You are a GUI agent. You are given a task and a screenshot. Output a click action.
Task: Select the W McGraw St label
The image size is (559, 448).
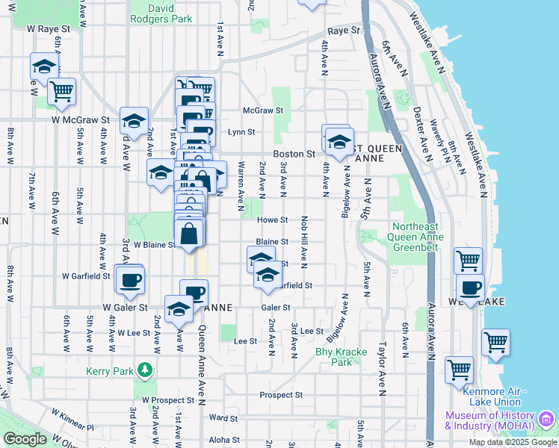click(81, 119)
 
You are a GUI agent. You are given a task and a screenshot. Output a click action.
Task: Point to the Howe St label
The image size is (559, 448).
click(273, 220)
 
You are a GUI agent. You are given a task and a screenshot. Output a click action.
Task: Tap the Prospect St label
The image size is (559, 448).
click(281, 394)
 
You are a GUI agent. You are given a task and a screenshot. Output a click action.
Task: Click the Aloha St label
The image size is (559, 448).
click(224, 441)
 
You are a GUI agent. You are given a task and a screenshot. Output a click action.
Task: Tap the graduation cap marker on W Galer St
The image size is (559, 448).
click(179, 308)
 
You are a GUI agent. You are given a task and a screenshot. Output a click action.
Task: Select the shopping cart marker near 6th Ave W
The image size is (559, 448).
click(62, 91)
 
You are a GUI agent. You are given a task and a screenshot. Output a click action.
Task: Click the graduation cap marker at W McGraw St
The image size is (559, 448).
click(133, 120)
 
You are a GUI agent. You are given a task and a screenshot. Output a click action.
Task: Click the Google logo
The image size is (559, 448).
click(25, 439)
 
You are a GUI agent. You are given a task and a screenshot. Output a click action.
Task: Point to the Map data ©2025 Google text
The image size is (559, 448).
click(513, 442)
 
